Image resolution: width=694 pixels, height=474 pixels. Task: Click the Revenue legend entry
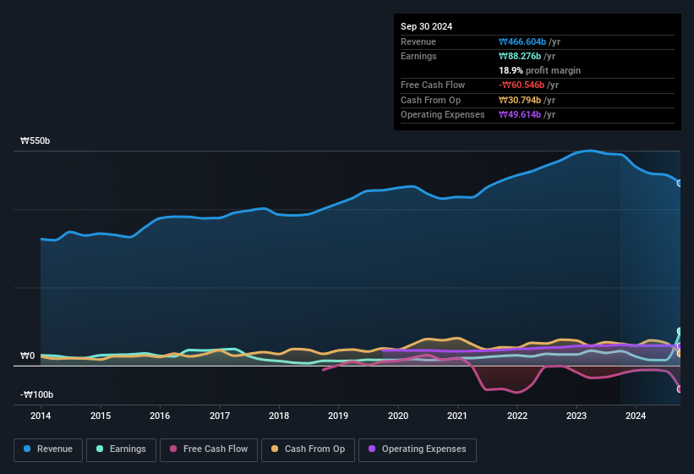point(49,449)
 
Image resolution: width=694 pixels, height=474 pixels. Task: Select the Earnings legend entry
point(122,449)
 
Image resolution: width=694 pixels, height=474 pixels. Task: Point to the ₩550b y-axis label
point(36,141)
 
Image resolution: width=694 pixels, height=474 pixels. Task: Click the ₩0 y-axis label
point(27,355)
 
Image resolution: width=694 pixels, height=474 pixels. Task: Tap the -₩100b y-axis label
point(37,395)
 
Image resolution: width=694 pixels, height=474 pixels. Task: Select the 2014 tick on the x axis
point(41,416)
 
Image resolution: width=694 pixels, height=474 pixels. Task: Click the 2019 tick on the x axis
point(338,416)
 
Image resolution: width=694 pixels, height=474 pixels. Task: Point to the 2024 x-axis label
point(636,416)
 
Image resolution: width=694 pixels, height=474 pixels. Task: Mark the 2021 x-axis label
point(457,416)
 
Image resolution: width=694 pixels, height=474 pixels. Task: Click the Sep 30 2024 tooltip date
point(426,26)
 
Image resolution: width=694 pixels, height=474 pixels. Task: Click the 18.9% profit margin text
point(539,70)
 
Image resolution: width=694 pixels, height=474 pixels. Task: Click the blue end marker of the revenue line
point(680,183)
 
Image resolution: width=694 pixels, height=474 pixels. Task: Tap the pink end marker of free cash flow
point(680,389)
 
